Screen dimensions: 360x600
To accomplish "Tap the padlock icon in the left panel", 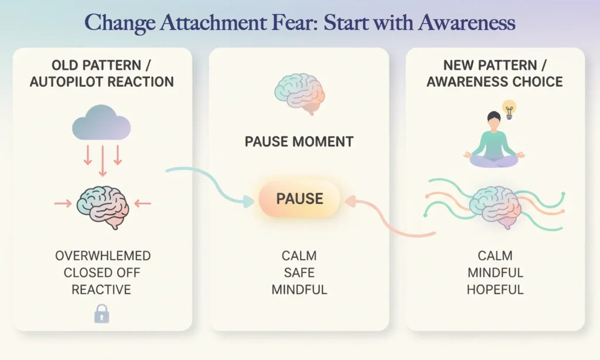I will [x=102, y=315].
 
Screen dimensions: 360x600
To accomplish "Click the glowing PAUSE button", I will [x=299, y=198].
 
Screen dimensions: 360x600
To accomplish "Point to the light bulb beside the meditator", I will [x=509, y=110].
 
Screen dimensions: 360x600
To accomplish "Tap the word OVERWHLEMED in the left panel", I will [x=103, y=256].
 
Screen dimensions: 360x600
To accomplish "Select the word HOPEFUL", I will [x=495, y=290].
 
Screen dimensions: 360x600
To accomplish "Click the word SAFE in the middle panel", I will [x=299, y=273].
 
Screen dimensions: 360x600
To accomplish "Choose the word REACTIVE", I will [x=101, y=290].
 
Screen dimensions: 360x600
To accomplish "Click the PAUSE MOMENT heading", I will [x=299, y=141].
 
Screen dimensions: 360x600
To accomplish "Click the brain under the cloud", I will [x=103, y=203].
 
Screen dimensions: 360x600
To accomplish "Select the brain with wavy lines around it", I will [x=495, y=204].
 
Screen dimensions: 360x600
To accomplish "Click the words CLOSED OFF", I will [x=102, y=273].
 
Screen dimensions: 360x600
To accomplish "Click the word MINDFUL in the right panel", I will [x=495, y=273].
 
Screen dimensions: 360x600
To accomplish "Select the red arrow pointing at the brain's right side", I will [x=142, y=203].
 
